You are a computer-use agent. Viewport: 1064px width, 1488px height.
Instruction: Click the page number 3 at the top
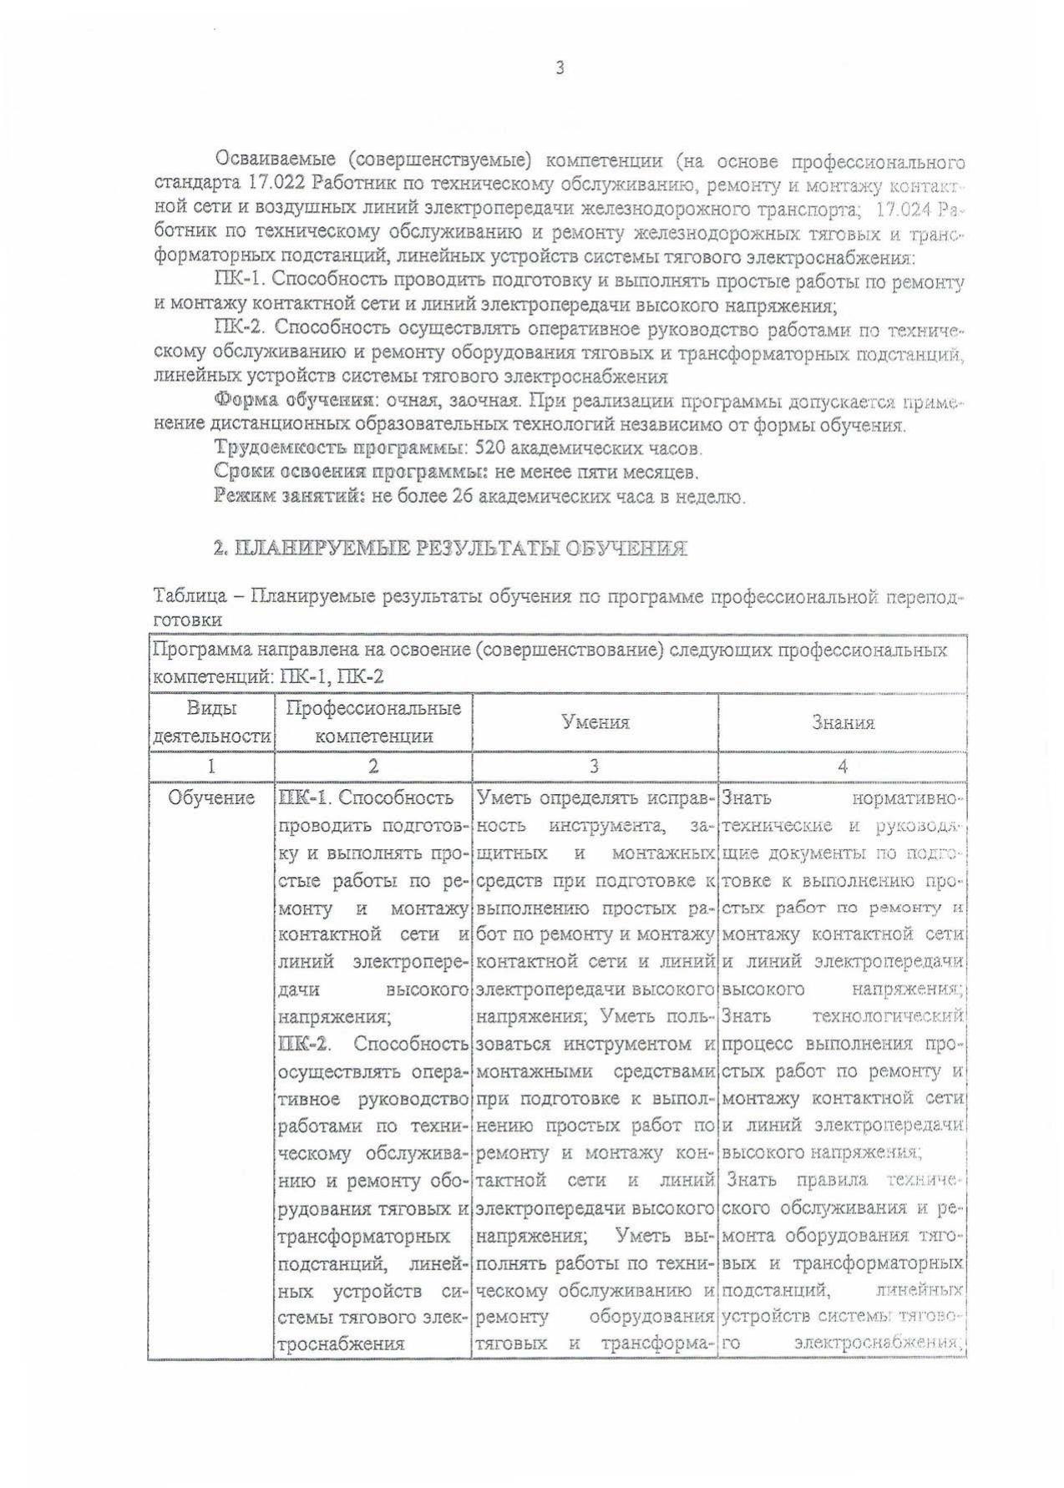560,68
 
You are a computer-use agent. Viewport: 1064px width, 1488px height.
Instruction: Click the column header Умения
595,722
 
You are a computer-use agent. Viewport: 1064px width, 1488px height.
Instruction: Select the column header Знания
843,722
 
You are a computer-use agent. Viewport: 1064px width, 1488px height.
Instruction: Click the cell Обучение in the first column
211,798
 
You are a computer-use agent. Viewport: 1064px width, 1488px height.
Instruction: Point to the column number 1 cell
211,766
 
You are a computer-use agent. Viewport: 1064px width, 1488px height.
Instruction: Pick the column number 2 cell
373,766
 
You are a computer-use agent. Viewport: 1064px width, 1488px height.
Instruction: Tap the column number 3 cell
594,766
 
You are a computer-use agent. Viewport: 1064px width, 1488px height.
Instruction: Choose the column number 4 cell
843,766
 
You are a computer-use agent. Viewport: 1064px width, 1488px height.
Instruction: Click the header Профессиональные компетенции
373,722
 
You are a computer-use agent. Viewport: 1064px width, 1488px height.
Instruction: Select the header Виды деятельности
211,722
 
